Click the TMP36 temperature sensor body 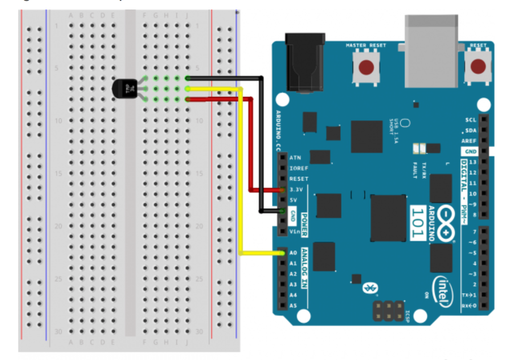[x=124, y=89]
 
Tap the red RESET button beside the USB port [x=478, y=66]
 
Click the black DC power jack [x=305, y=62]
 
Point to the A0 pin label [x=293, y=253]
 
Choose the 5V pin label [x=293, y=200]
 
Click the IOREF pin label [x=298, y=168]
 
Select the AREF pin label [x=470, y=141]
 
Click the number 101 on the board [x=418, y=223]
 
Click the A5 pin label [x=293, y=305]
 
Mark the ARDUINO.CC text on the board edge [x=278, y=130]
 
